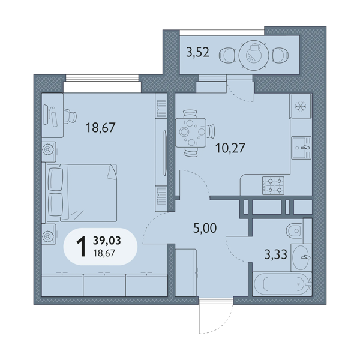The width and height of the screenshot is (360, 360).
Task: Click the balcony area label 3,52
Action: click(197, 53)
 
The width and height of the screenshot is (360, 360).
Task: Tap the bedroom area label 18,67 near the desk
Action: click(100, 128)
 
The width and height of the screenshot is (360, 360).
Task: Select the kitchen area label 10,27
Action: click(230, 148)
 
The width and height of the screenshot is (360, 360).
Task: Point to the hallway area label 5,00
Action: click(205, 228)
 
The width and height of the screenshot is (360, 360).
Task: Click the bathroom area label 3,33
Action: click(276, 254)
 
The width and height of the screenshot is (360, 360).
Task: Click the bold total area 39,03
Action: click(107, 241)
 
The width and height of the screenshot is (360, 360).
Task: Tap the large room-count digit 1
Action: click(81, 247)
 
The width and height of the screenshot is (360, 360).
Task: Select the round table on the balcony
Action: click(253, 55)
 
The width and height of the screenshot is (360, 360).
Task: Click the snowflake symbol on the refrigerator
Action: click(299, 106)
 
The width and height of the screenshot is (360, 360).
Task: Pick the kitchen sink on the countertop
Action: click(301, 148)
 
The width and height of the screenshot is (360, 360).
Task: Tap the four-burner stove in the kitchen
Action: click(273, 185)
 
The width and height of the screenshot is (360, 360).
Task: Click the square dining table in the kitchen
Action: click(191, 133)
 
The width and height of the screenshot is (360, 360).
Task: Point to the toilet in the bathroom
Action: click(295, 230)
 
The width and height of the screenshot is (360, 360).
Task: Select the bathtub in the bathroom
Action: click(282, 284)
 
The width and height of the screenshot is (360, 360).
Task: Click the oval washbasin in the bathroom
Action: click(301, 257)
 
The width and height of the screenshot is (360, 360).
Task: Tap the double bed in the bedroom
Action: click(82, 193)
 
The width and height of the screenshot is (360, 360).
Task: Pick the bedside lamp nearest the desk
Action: click(48, 149)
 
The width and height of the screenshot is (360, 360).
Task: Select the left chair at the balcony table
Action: click(227, 55)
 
